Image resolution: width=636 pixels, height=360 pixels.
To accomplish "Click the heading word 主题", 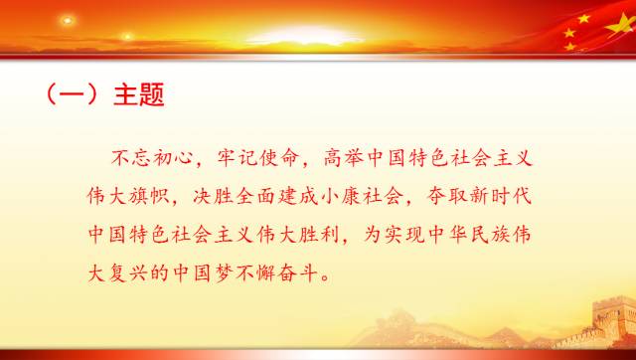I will [x=140, y=95].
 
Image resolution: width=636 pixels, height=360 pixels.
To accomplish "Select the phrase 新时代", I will [x=515, y=195].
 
